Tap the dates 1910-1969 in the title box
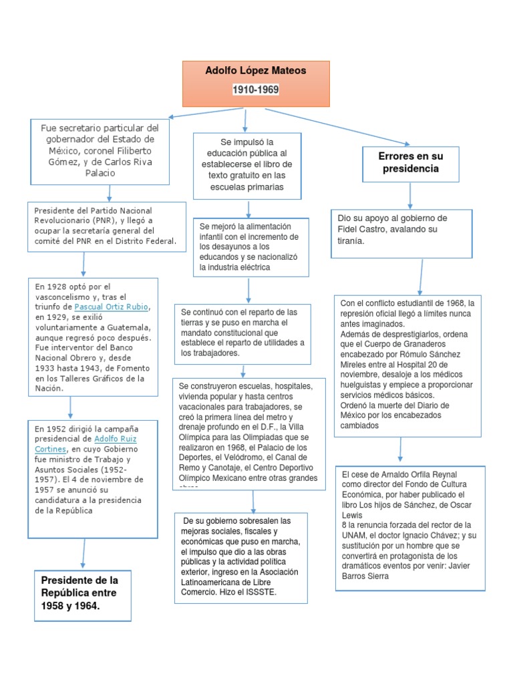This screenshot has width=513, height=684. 256,89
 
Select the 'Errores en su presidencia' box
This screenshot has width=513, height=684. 410,164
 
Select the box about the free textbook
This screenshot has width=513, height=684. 246,165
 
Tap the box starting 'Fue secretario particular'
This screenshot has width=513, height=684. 100,150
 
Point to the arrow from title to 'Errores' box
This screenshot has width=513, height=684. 337,125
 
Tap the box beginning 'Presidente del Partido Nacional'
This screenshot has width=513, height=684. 107,226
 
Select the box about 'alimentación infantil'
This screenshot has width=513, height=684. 249,246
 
